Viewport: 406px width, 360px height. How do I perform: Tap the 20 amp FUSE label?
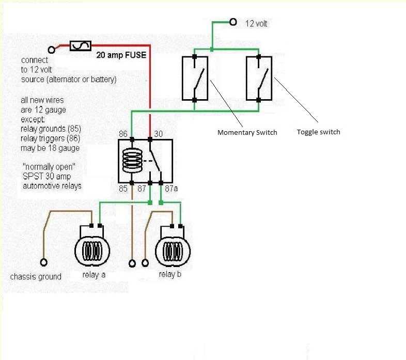click(121, 54)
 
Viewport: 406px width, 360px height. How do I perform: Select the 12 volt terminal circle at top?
click(233, 22)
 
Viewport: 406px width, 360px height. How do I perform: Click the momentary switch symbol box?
click(195, 78)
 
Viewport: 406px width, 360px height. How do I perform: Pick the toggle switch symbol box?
click(259, 78)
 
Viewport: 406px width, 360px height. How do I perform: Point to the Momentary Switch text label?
click(247, 133)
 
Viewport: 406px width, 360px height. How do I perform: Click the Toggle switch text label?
click(318, 132)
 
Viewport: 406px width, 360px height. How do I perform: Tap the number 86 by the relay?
click(123, 134)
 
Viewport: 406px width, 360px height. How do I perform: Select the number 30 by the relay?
click(159, 134)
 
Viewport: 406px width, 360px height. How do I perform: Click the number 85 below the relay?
click(123, 189)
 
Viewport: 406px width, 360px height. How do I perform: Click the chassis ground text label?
click(36, 277)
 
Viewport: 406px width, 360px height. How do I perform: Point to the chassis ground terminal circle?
click(43, 262)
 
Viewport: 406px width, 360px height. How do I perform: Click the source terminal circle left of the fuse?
click(52, 50)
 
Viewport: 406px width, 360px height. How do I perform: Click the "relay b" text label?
click(170, 274)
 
